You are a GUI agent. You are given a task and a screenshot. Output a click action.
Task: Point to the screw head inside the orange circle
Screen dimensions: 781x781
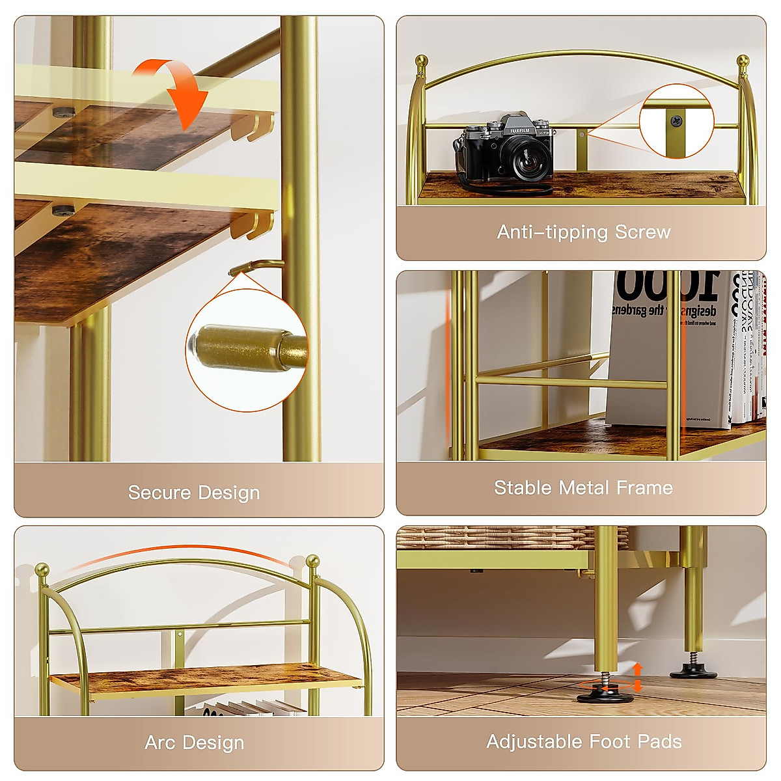tap(677, 121)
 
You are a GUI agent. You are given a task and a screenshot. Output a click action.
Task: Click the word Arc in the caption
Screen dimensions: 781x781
tap(160, 742)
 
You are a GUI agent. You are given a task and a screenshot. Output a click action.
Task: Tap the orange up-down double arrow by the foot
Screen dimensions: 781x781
tap(638, 678)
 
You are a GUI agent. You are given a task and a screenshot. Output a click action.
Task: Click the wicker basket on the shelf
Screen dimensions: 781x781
tap(508, 538)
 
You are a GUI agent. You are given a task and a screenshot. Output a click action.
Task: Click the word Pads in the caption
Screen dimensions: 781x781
tap(659, 741)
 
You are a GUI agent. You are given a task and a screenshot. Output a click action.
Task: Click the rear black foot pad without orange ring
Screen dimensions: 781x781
tap(694, 672)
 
